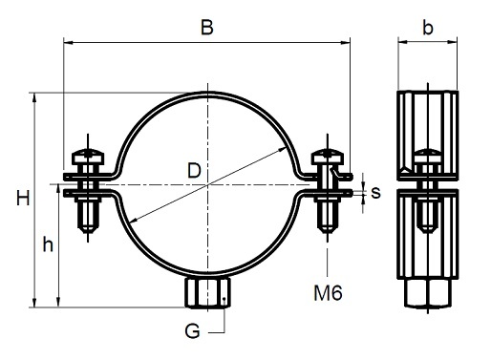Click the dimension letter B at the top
click(x=207, y=28)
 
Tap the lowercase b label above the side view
click(x=428, y=28)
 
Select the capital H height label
click(x=23, y=198)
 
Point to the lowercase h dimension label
click(x=48, y=244)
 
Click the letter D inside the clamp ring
click(x=194, y=170)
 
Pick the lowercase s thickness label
click(x=375, y=193)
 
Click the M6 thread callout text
click(x=328, y=293)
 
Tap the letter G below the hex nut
click(x=192, y=331)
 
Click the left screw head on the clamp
click(x=88, y=157)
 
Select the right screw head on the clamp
click(x=328, y=157)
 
